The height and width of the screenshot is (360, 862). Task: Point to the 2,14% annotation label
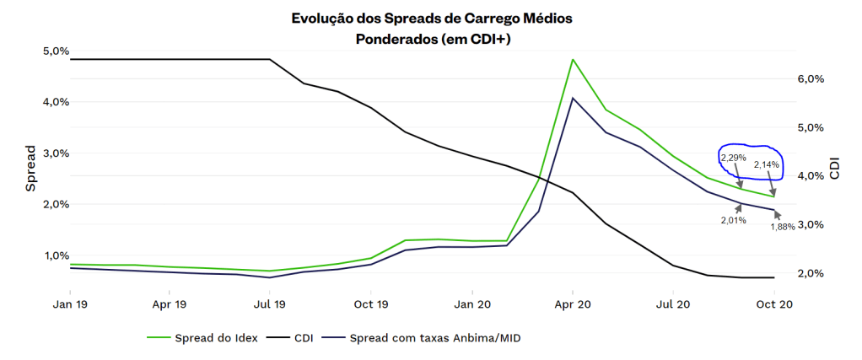click(766, 164)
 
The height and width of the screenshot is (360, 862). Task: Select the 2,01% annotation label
click(733, 220)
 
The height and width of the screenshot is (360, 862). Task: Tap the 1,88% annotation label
click(783, 227)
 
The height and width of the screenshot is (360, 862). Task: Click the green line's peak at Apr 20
click(573, 60)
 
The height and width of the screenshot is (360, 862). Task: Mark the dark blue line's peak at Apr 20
click(573, 98)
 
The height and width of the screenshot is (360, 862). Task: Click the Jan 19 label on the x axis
click(70, 304)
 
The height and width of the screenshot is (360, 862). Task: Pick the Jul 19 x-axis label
click(269, 304)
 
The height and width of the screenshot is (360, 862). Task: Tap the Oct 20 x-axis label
click(773, 304)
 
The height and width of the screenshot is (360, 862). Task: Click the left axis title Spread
click(30, 169)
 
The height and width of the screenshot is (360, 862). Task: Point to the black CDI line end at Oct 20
click(773, 277)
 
